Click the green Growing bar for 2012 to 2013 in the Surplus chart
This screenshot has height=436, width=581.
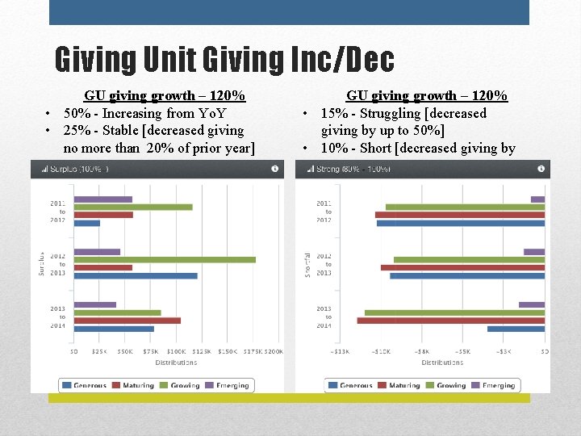tap(165, 259)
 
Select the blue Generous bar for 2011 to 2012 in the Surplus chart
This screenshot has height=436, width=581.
tap(87, 223)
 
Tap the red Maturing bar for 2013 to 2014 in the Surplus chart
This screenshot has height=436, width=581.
tap(127, 321)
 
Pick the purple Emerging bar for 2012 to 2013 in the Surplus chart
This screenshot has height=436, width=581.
tap(97, 251)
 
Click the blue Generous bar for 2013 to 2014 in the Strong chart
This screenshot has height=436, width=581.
tap(516, 329)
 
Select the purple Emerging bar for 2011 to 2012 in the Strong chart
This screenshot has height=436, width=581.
tap(537, 199)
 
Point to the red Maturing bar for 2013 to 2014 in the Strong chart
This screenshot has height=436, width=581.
tap(450, 321)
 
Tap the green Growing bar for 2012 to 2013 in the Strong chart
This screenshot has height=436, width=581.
tap(469, 259)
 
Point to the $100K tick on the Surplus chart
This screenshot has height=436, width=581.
tap(176, 351)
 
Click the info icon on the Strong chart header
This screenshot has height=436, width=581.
tap(540, 169)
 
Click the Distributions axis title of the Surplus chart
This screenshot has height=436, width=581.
tap(176, 363)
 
